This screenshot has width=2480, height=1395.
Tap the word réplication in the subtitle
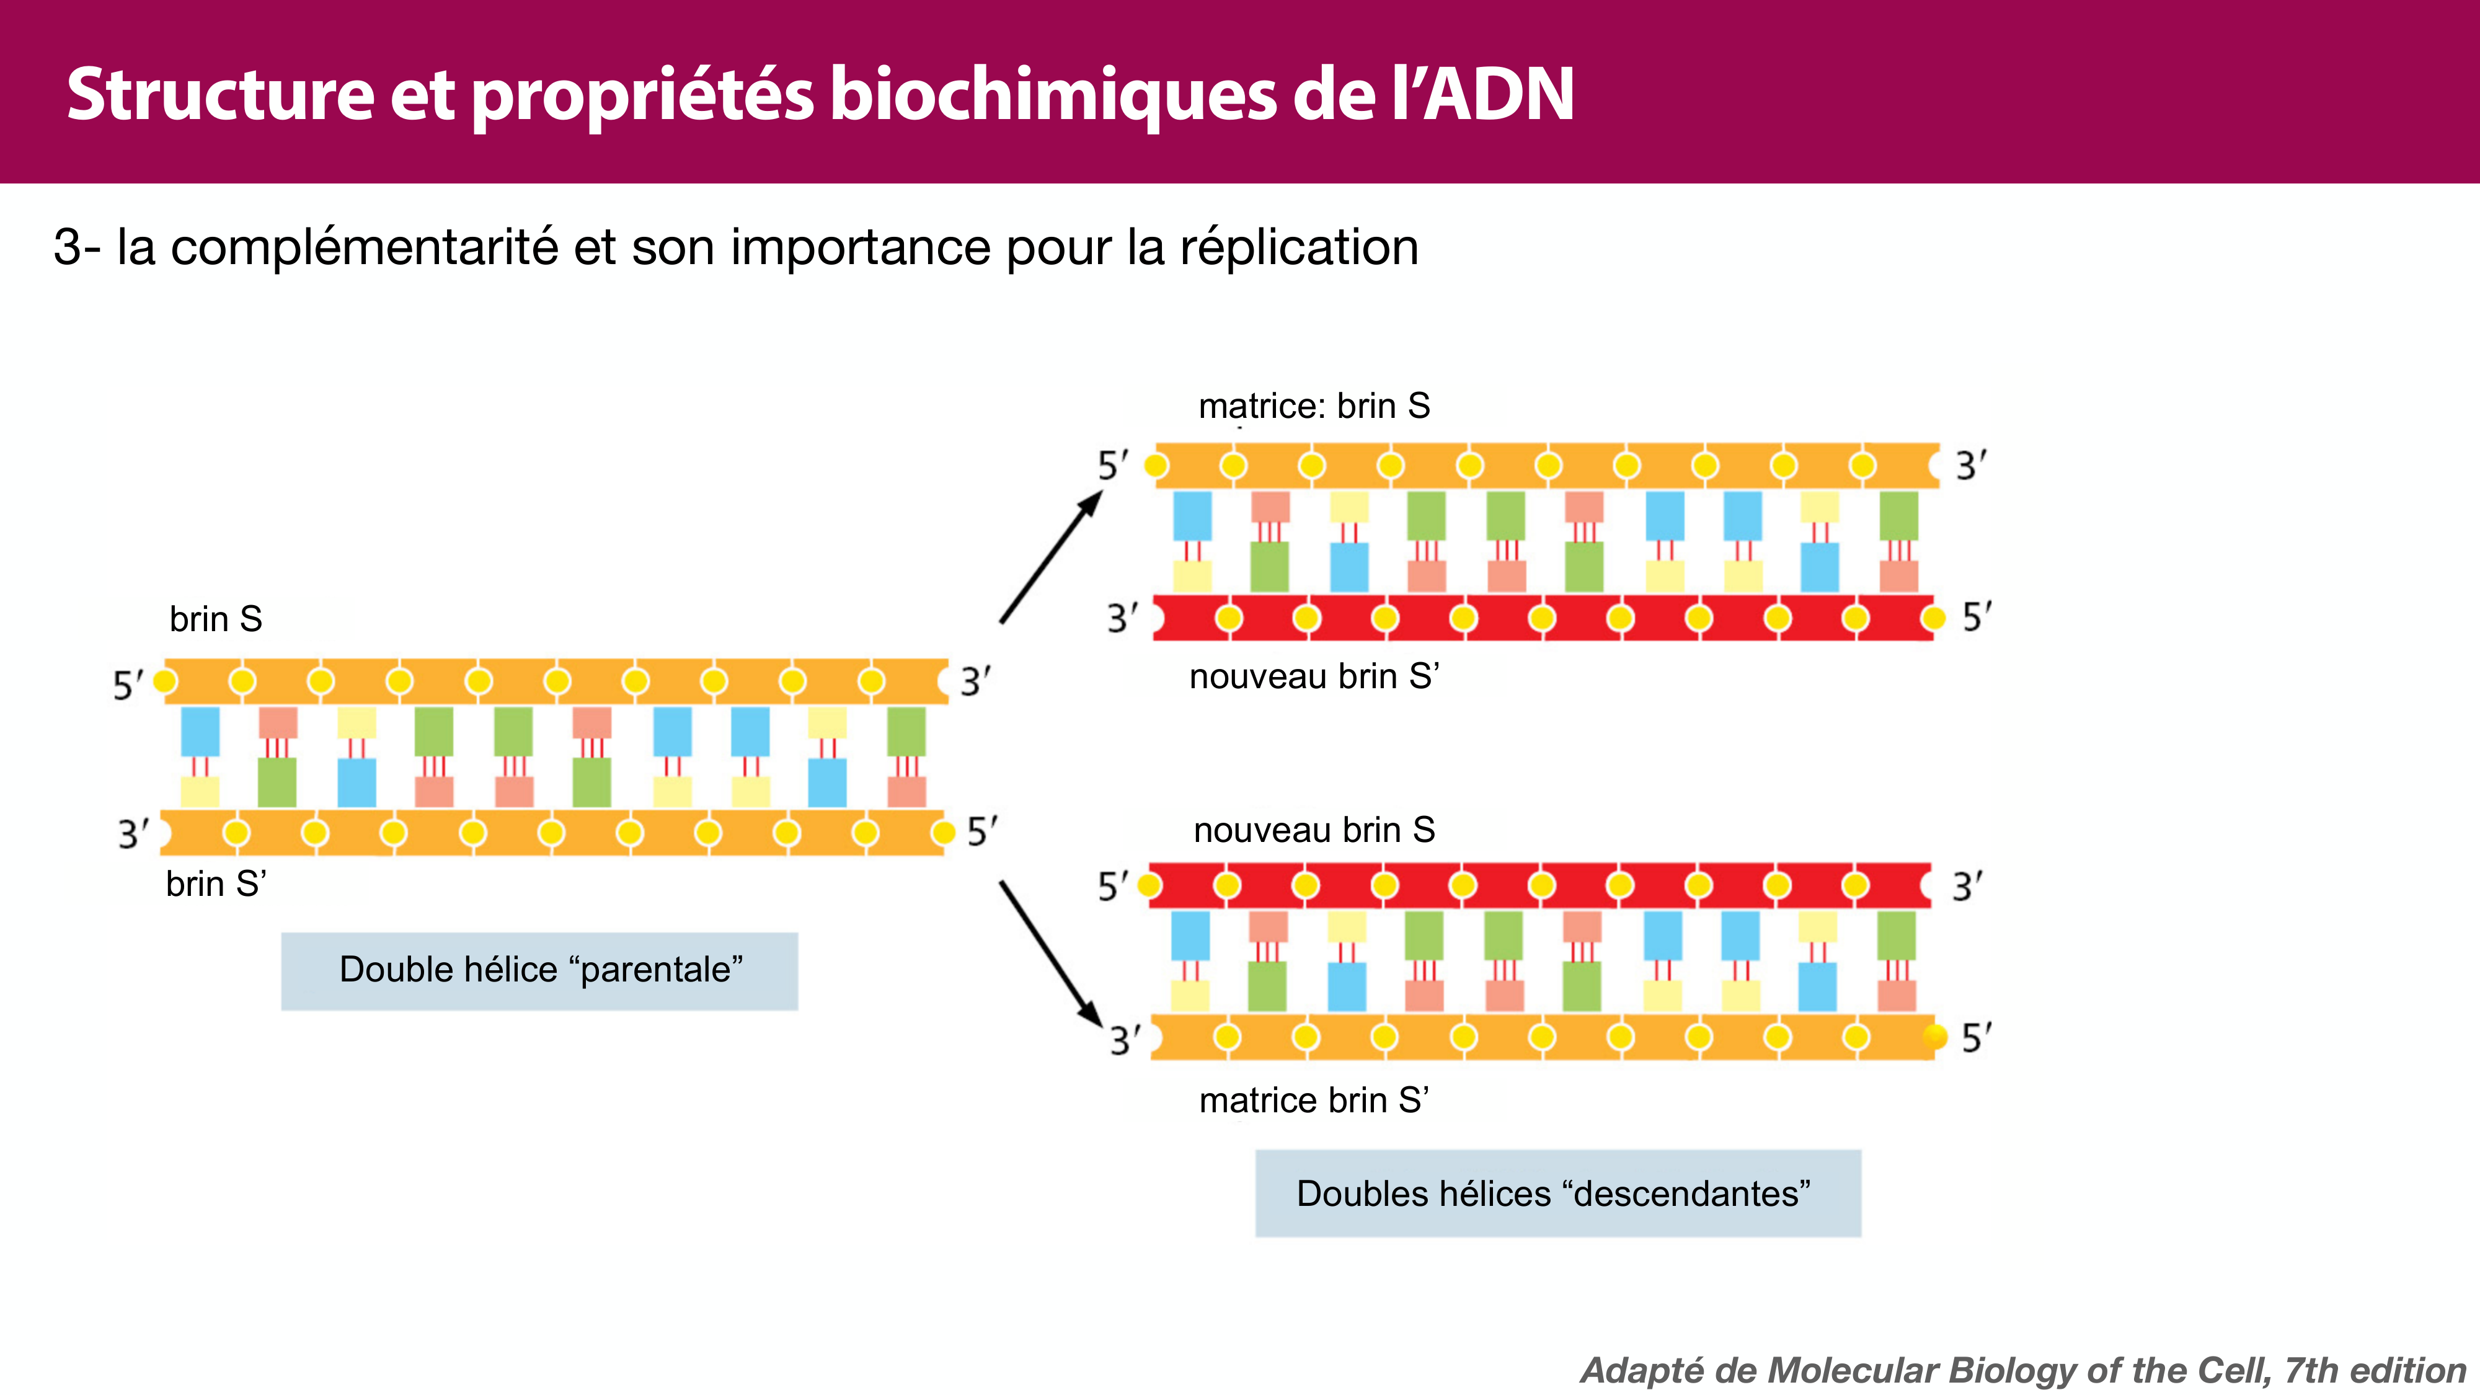tap(1299, 247)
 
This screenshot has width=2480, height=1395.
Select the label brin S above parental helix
tap(216, 619)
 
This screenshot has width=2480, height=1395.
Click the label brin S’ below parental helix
tap(216, 883)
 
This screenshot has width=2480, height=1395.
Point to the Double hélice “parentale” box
tap(539, 970)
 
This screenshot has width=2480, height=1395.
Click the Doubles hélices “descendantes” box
tap(1557, 1193)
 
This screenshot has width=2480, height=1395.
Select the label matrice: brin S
tap(1314, 406)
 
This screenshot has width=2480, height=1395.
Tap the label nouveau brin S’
tap(1314, 677)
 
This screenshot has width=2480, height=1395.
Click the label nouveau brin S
tap(1314, 830)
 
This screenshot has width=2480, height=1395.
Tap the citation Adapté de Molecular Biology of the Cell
tap(2022, 1370)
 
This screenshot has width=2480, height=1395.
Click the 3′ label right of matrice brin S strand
tap(1970, 466)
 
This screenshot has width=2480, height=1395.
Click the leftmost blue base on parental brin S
tap(200, 732)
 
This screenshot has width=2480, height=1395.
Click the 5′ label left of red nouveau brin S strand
tap(1112, 887)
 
